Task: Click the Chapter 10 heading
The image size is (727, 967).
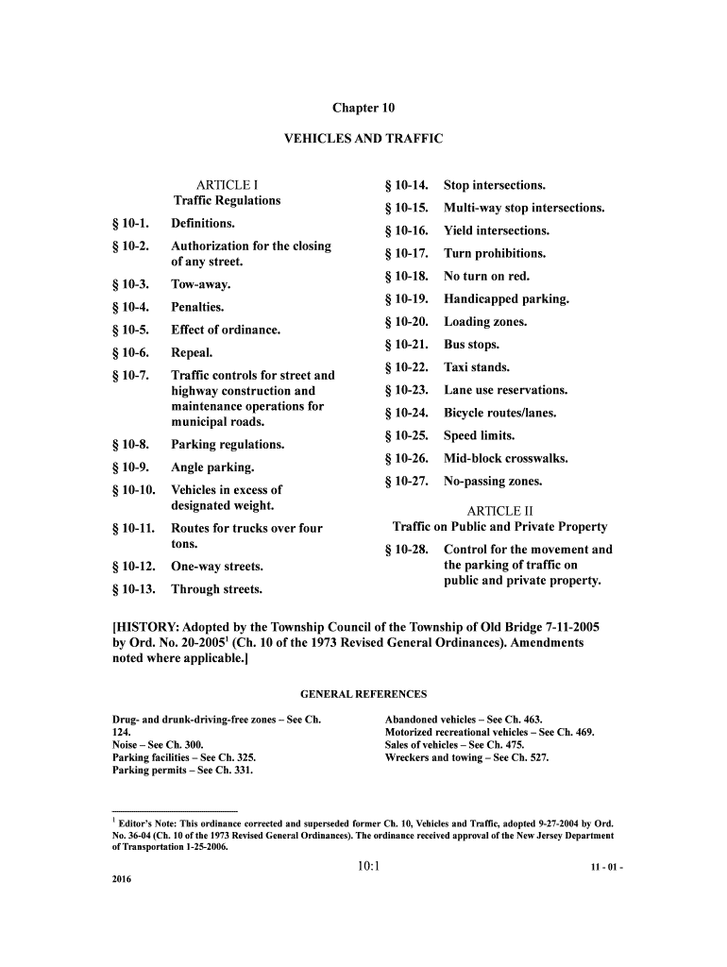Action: click(x=363, y=108)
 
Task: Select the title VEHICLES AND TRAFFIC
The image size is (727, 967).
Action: click(x=363, y=139)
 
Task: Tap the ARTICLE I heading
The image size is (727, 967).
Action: click(x=227, y=185)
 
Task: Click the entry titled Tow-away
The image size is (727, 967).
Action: click(x=200, y=284)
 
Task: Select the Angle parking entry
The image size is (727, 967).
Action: click(x=211, y=467)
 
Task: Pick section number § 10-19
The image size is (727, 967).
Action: click(x=407, y=299)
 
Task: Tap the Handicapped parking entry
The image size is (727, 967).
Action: click(x=506, y=299)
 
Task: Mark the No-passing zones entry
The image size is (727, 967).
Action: click(x=493, y=482)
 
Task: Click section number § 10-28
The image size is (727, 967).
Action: click(x=407, y=550)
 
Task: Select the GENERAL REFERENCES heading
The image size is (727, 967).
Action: click(x=363, y=694)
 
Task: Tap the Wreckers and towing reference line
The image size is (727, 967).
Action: click(x=466, y=757)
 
